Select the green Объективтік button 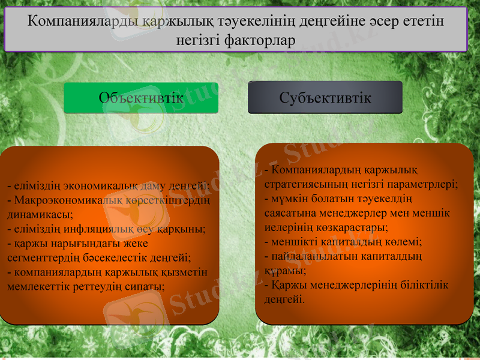(141, 98)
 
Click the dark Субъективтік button (325, 98)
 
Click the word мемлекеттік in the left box (37, 286)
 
